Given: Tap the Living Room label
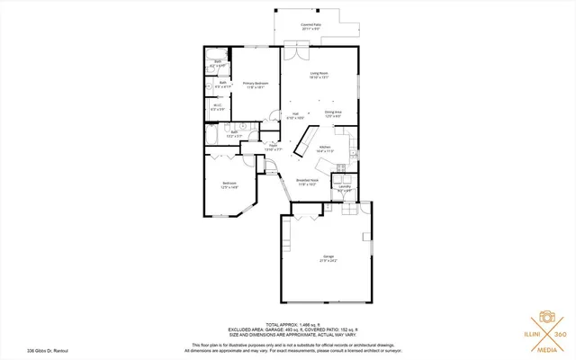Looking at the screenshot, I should click(x=319, y=75).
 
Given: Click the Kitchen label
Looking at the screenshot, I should click(x=325, y=149).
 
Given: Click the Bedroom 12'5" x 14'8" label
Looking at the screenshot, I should click(x=229, y=186).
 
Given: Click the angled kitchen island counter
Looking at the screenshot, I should click(x=307, y=140).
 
